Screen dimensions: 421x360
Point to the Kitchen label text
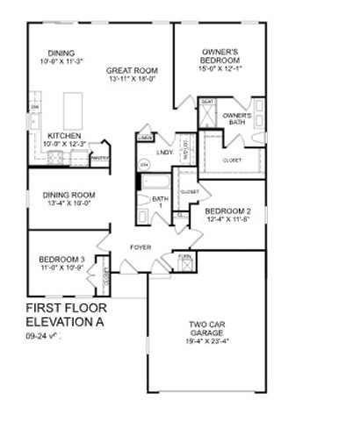(62, 135)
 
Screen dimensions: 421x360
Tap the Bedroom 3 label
(61, 260)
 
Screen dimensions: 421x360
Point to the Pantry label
(99, 158)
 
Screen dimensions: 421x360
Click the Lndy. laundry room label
(165, 153)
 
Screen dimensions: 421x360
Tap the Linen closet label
(146, 139)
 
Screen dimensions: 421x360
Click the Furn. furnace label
(184, 257)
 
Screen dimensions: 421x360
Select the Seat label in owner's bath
(208, 102)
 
